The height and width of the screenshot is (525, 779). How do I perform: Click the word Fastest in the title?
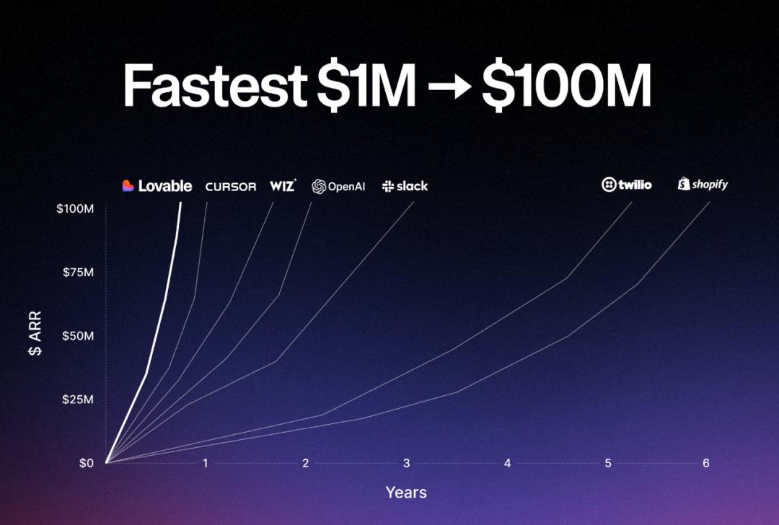tap(215, 85)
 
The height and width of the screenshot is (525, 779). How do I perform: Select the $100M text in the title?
tap(566, 85)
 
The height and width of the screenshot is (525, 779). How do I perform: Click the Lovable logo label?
tap(157, 186)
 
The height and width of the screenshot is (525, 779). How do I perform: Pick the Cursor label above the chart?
tap(231, 187)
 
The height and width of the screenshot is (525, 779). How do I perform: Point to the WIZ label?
tap(283, 185)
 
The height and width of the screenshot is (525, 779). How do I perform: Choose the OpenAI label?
tap(338, 187)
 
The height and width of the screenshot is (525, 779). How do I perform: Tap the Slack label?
tap(405, 186)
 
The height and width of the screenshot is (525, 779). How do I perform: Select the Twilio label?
tap(627, 185)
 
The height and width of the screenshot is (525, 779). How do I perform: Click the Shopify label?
tap(703, 185)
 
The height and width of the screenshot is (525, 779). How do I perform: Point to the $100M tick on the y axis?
tap(75, 208)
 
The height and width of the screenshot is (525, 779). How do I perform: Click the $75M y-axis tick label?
tap(78, 272)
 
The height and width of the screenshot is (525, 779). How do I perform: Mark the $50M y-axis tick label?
tap(78, 336)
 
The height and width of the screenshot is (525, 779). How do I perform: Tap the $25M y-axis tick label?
tap(78, 400)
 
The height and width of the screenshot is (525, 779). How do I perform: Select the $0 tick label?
tap(86, 464)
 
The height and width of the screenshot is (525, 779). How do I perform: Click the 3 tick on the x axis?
tap(406, 464)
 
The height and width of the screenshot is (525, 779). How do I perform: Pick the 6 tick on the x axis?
tap(706, 464)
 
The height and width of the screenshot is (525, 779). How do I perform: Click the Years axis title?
tap(406, 493)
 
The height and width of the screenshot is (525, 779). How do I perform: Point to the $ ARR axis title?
tap(35, 333)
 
